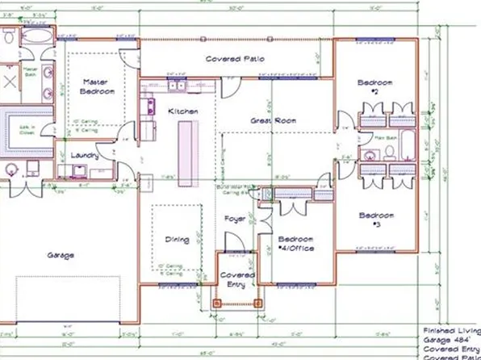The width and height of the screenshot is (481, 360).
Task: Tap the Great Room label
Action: (x=273, y=120)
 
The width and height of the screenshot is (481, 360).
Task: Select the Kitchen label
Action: (x=177, y=111)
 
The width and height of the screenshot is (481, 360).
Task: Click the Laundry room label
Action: (x=85, y=155)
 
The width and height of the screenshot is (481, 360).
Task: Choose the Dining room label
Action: (x=177, y=240)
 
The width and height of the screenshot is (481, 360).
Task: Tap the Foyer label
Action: (x=235, y=218)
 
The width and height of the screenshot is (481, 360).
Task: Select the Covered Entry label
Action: (x=237, y=279)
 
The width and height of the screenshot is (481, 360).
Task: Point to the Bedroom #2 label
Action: (x=375, y=86)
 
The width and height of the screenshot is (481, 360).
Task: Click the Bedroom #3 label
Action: (x=376, y=220)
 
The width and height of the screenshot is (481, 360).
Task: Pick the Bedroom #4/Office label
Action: (x=295, y=243)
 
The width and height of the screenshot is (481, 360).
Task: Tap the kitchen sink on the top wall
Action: (x=177, y=84)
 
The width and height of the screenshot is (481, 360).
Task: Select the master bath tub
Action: (x=37, y=38)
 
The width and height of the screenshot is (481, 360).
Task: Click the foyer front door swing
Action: (x=234, y=242)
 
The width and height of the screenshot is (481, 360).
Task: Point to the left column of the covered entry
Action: (x=215, y=303)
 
